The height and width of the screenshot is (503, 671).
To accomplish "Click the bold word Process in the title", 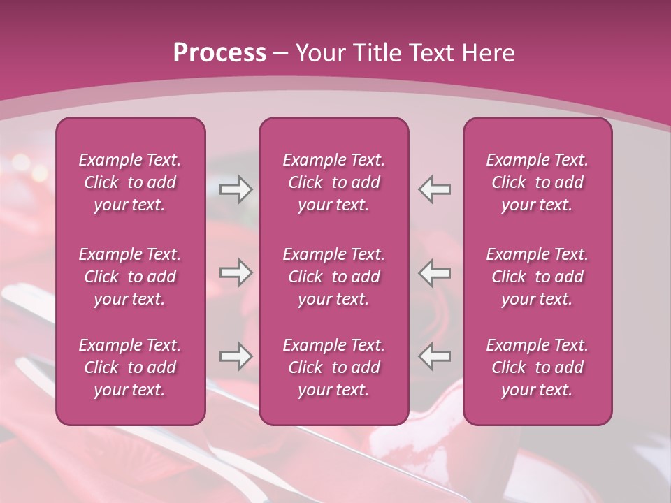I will pos(219,52).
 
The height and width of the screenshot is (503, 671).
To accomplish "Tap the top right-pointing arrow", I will pos(236,189).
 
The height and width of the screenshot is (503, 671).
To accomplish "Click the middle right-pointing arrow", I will pos(236,272).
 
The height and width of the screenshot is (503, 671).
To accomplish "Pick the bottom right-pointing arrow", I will pos(236,356).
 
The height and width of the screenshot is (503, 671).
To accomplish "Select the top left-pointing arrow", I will pos(435,189).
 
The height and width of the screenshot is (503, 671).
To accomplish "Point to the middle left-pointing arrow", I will pos(435,272).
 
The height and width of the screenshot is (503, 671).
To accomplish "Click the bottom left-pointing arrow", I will pos(435,356).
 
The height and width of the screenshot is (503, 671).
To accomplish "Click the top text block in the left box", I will pos(130,182).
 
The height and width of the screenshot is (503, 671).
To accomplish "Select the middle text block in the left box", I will pos(130,277).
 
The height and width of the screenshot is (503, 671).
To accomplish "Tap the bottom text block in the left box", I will pos(130,367).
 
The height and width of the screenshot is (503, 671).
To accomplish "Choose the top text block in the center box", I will pos(334,182).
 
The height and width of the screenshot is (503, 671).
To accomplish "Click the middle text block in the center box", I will pos(334,277).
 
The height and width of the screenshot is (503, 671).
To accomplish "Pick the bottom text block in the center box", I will pos(334,367).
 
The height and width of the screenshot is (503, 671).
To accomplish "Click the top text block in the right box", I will pos(537,182).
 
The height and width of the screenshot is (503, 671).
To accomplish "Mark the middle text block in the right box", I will pos(537,277).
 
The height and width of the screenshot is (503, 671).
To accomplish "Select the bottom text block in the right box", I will pos(537,367).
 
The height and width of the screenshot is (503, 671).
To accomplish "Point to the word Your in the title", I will pos(318,52).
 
